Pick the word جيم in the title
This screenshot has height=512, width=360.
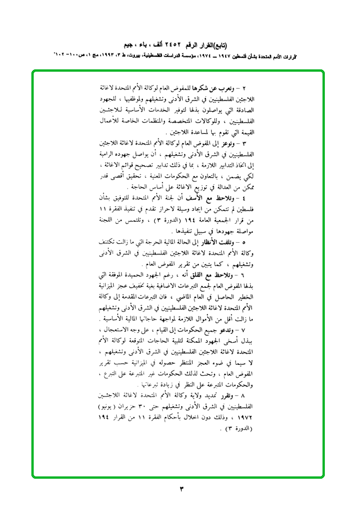[x=128, y=46]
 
